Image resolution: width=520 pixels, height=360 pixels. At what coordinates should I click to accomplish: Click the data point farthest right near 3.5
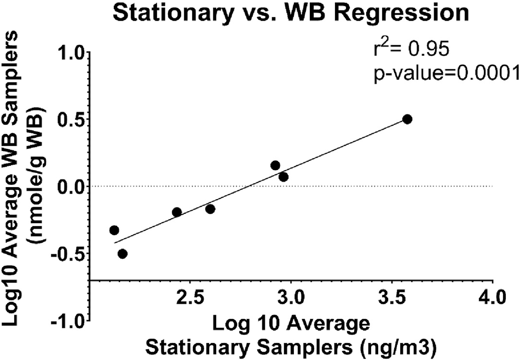point(407,119)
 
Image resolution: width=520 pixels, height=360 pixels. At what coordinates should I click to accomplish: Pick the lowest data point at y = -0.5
point(123,254)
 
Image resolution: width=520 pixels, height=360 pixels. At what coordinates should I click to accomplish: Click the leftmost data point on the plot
point(114,230)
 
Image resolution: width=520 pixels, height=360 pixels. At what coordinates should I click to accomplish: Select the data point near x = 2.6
point(210,209)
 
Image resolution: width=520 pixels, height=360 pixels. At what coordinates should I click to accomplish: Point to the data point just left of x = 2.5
point(177,212)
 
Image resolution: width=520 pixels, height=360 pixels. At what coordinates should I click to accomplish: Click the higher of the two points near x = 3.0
point(275,165)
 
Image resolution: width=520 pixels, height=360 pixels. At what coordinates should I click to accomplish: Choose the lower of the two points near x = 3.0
point(284,177)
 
